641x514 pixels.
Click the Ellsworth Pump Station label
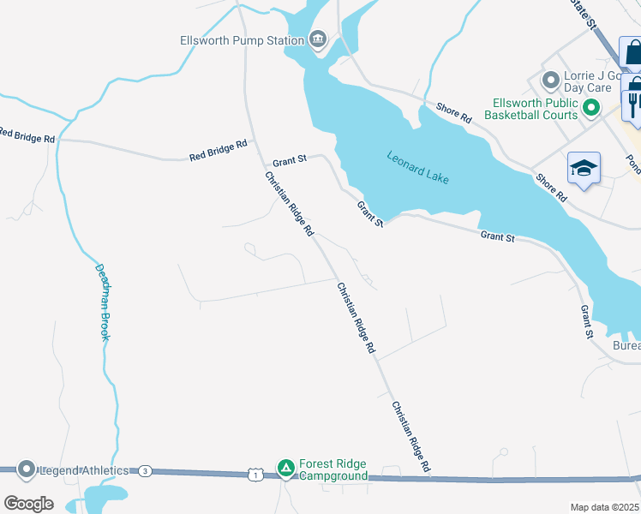point(242,40)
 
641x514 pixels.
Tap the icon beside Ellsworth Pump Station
point(318,39)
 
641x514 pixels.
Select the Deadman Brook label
point(102,302)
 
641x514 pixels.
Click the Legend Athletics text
point(82,470)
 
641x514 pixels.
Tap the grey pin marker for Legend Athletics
point(26,469)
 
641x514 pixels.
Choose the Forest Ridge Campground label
point(332,470)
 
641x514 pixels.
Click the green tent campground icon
point(285,468)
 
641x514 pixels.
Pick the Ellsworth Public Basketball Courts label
point(531,108)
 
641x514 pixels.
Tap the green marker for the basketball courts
point(590,108)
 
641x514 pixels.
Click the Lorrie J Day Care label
point(587,81)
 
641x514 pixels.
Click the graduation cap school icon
point(584,167)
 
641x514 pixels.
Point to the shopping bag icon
point(632,53)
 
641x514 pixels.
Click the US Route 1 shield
point(255,474)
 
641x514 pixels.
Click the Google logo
point(28,504)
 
